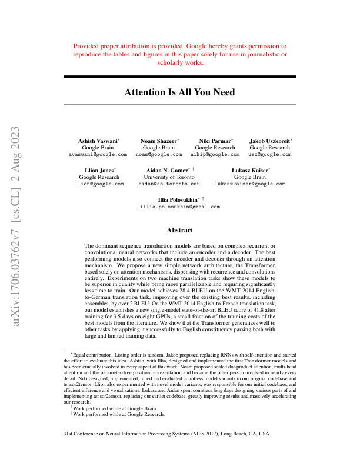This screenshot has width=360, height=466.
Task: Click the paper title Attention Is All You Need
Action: (179, 92)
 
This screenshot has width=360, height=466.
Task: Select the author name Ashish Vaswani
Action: (97, 141)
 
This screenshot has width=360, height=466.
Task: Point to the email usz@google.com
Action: (269, 154)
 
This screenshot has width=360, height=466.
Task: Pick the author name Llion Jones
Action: (99, 170)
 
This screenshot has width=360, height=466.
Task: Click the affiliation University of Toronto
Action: (169, 177)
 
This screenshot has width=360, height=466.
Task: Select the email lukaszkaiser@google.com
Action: (250, 184)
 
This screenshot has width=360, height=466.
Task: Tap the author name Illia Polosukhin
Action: (177, 200)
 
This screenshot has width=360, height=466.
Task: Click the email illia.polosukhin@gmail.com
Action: (180, 207)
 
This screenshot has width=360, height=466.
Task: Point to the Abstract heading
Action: (179, 231)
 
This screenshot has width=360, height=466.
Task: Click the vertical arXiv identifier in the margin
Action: (18, 225)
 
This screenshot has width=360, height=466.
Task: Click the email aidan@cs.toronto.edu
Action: (169, 184)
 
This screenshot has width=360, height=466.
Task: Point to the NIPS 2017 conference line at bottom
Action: (166, 434)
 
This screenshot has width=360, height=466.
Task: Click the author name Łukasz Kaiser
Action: (249, 170)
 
